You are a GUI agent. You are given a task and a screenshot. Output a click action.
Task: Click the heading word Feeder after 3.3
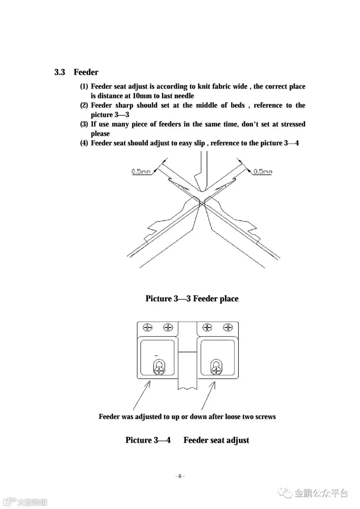[x=86, y=72]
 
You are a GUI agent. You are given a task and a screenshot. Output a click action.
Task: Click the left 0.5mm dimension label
[x=141, y=172]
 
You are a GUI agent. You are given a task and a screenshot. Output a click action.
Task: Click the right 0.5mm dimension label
[x=263, y=172]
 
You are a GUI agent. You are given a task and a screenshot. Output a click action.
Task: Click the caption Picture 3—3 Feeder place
[x=192, y=299]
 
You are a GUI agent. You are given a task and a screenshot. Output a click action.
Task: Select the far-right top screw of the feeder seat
[x=228, y=327]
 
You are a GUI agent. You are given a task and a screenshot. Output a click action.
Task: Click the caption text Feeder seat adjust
[x=216, y=440]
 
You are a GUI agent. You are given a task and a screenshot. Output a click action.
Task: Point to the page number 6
[x=180, y=476]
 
